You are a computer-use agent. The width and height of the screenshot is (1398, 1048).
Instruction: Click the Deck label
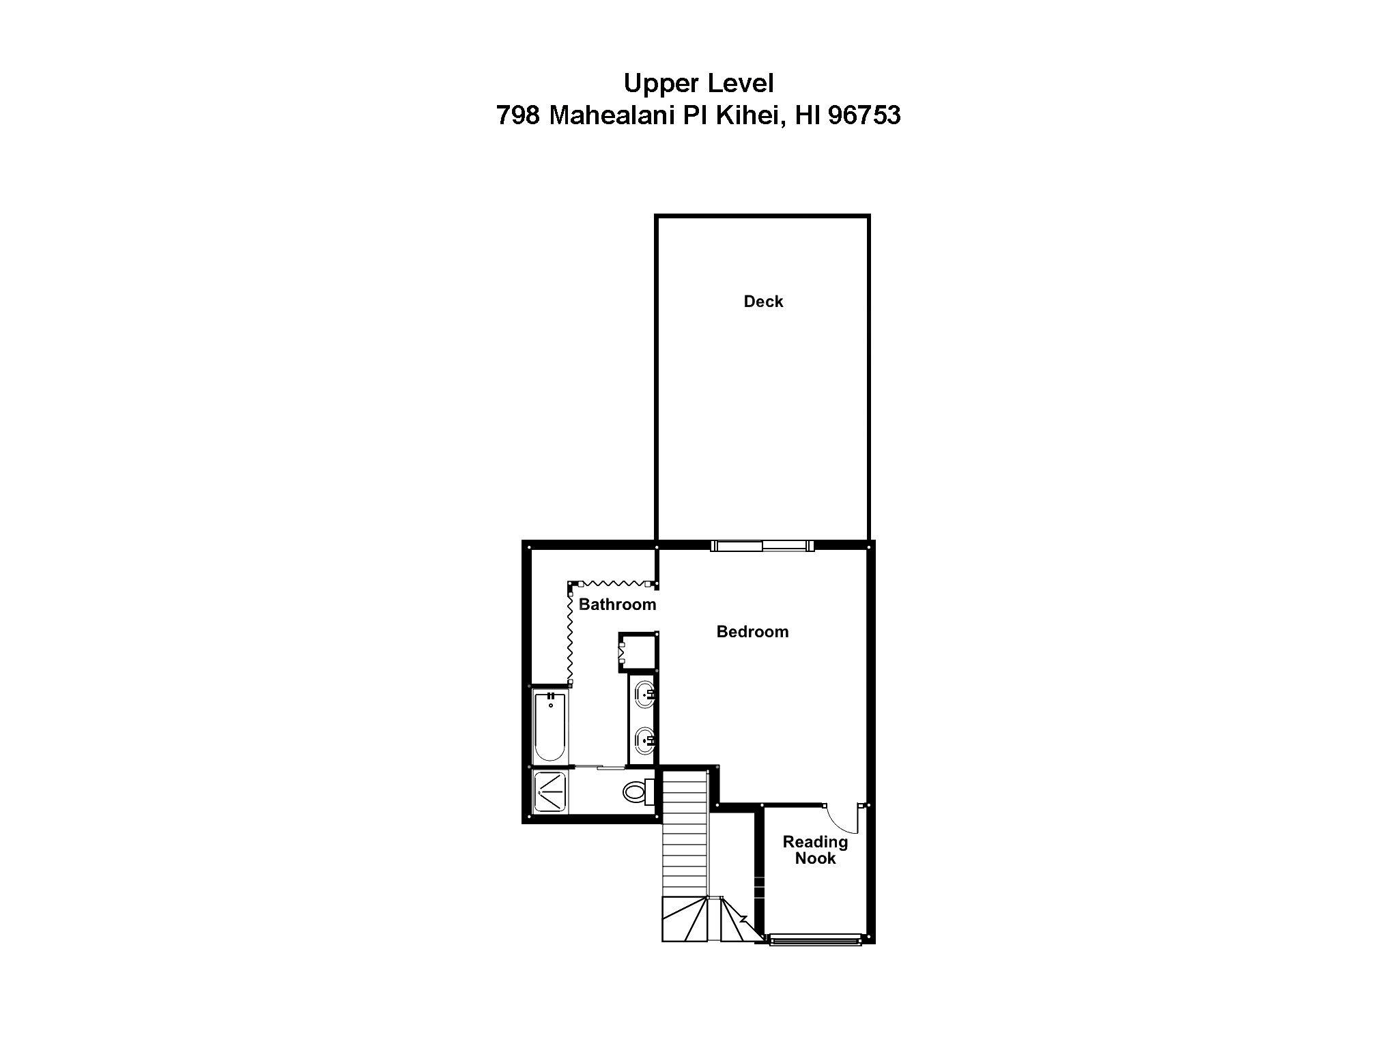coord(763,302)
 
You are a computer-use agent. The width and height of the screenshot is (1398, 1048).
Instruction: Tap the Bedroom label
coord(752,632)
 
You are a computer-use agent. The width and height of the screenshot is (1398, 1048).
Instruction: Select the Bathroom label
coord(617,605)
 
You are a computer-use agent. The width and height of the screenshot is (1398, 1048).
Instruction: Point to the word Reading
coord(815,842)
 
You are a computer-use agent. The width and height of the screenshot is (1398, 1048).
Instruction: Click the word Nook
coord(815,858)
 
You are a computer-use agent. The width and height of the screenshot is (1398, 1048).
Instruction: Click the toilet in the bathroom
coord(637,792)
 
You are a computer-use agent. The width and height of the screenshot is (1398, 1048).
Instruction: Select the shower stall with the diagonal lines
coord(550,791)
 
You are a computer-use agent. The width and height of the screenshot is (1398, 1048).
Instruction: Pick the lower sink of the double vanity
coord(644,738)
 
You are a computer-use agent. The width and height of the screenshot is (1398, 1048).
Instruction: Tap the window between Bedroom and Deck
coord(762,545)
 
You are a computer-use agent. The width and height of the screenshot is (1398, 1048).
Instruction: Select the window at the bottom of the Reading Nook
coord(814,942)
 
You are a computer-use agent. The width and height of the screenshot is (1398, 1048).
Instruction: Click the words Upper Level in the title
coord(698,83)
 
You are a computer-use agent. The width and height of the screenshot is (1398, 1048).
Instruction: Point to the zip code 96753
coord(864,115)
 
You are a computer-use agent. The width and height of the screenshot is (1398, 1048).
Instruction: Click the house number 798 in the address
coord(519,115)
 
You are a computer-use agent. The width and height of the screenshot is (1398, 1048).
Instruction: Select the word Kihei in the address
coord(747,115)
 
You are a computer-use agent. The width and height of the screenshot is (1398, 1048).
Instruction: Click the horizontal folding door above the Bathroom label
coord(612,584)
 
